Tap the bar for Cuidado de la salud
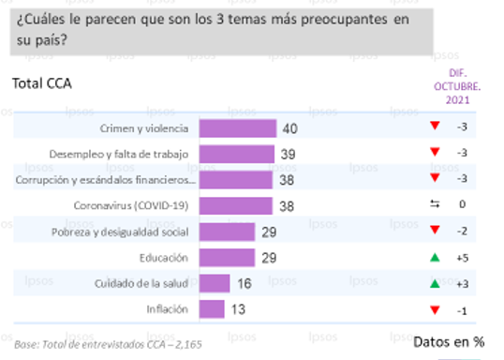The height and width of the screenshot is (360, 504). (x=214, y=283)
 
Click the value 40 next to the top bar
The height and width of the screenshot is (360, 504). (x=290, y=128)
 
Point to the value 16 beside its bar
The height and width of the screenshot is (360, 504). (x=244, y=283)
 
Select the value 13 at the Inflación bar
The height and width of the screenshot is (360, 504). (x=238, y=308)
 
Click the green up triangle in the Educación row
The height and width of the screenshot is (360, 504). (x=434, y=257)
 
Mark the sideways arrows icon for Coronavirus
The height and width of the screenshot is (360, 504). (x=434, y=205)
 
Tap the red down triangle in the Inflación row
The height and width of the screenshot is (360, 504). (x=434, y=308)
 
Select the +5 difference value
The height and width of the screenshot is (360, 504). (x=462, y=257)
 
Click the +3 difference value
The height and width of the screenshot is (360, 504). (x=462, y=283)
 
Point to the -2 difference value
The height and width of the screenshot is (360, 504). (x=462, y=232)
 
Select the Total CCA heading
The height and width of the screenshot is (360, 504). (x=42, y=83)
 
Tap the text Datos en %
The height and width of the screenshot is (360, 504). (x=448, y=342)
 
